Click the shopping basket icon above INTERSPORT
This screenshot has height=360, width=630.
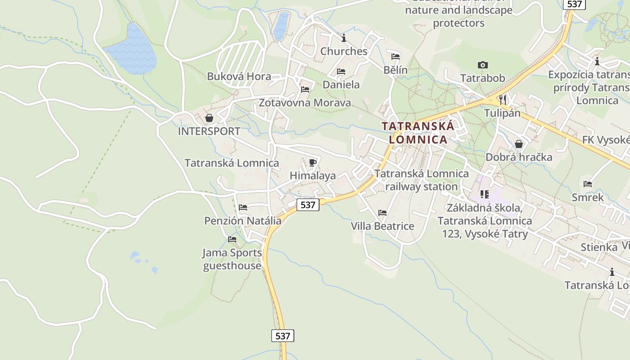[209, 118]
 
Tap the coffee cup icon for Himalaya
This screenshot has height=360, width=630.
[313, 162]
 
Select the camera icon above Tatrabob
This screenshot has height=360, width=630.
[483, 65]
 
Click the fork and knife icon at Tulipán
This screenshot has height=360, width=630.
[503, 99]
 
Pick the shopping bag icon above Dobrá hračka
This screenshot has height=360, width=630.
[519, 144]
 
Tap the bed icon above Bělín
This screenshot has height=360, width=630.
[396, 57]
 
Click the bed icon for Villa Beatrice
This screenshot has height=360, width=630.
[382, 212]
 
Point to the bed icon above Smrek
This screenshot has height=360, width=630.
[588, 184]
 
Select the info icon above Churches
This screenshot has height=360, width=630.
[344, 38]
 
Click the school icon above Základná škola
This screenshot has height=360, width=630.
[485, 194]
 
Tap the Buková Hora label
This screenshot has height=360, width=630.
[239, 76]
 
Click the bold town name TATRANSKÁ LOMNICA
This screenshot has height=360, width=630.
[418, 133]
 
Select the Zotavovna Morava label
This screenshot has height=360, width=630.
[305, 103]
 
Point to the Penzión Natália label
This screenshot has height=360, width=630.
[243, 221]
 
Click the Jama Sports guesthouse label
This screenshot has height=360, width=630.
[232, 259]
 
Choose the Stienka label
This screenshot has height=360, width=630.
[599, 247]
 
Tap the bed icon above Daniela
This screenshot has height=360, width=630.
[341, 72]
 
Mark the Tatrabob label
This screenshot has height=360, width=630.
[483, 78]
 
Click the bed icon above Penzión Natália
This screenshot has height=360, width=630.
[243, 207]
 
